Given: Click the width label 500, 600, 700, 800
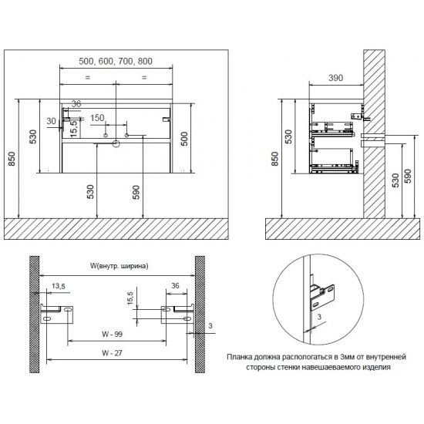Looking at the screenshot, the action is pos(116,62).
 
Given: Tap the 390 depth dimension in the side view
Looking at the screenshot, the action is pos(335,78).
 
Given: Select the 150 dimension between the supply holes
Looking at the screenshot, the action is pos(97,118).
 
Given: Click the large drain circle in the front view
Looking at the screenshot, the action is pos(116,144).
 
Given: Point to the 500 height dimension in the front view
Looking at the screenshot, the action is pos(184,139).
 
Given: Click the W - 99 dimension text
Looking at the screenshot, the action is pos(113,335).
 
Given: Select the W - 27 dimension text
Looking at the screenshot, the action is pos(113,353).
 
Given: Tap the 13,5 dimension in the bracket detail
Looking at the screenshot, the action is pos(59,286).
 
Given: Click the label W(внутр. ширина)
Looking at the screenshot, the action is pos(119,266).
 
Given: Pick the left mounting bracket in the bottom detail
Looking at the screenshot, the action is pos(57,314).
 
